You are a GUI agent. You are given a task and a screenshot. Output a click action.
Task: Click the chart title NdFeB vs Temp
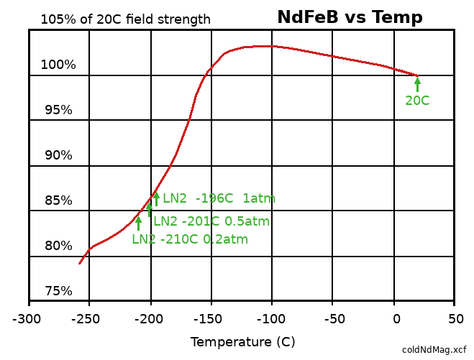click(350, 17)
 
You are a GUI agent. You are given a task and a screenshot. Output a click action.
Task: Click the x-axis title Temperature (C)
click(242, 342)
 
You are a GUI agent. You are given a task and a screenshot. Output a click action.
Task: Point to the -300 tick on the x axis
click(29, 318)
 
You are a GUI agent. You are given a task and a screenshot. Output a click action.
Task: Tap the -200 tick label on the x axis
click(151, 318)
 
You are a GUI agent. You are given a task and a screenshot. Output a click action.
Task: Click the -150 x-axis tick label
click(211, 318)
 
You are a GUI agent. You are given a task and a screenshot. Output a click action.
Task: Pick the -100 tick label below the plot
click(272, 318)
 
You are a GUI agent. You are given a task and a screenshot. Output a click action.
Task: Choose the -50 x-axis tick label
click(333, 318)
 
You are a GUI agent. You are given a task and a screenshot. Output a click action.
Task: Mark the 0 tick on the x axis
click(395, 318)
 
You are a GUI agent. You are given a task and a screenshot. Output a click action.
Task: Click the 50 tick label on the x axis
click(455, 318)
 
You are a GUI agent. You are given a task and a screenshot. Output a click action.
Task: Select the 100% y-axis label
click(58, 65)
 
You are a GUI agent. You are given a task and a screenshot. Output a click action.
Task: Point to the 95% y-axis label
click(58, 110)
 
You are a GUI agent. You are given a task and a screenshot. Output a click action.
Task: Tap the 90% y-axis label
click(58, 155)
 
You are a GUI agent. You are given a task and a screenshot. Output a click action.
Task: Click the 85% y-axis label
click(58, 200)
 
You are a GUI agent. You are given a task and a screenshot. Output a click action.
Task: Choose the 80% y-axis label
click(58, 246)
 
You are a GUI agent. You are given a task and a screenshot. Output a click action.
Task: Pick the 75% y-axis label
click(58, 291)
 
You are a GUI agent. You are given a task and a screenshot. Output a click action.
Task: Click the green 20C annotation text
click(417, 101)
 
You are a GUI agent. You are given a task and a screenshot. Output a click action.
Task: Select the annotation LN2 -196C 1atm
click(219, 198)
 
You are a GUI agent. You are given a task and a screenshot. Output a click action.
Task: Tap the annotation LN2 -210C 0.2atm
click(190, 239)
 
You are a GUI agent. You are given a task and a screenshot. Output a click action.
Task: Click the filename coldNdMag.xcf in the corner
click(434, 350)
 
